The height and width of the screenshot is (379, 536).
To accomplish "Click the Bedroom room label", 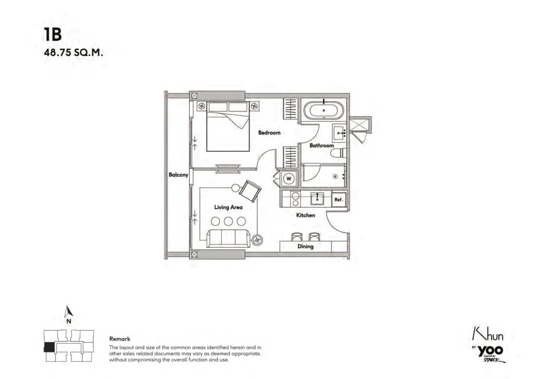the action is click(270, 132).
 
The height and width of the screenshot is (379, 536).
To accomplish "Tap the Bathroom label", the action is click(322, 146).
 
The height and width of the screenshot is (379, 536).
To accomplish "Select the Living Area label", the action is click(228, 207).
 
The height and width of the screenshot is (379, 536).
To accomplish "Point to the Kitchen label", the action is click(306, 215).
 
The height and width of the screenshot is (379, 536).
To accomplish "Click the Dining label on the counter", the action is click(306, 247).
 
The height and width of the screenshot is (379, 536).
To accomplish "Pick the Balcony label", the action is click(178, 175).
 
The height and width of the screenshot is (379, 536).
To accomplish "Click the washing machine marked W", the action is click(289, 179).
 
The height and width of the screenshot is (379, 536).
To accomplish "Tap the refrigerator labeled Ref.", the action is click(339, 199).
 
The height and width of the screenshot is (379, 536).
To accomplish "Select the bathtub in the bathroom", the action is click(323, 110).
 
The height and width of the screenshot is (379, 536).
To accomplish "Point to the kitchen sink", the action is click(317, 198).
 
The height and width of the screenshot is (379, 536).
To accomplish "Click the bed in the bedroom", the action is click(228, 126).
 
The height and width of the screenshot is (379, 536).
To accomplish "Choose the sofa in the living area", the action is click(227, 238).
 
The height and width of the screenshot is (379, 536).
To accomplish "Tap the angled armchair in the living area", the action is click(250, 191).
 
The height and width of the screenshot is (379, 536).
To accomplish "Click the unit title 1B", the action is click(53, 34).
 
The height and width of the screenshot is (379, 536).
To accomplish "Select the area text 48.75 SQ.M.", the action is click(73, 53).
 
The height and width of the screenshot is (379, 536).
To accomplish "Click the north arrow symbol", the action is click(69, 311).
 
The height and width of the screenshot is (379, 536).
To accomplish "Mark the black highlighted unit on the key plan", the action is click(49, 347).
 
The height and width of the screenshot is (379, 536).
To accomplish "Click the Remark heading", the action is click(120, 339).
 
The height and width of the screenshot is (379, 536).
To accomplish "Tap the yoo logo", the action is click(490, 351).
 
